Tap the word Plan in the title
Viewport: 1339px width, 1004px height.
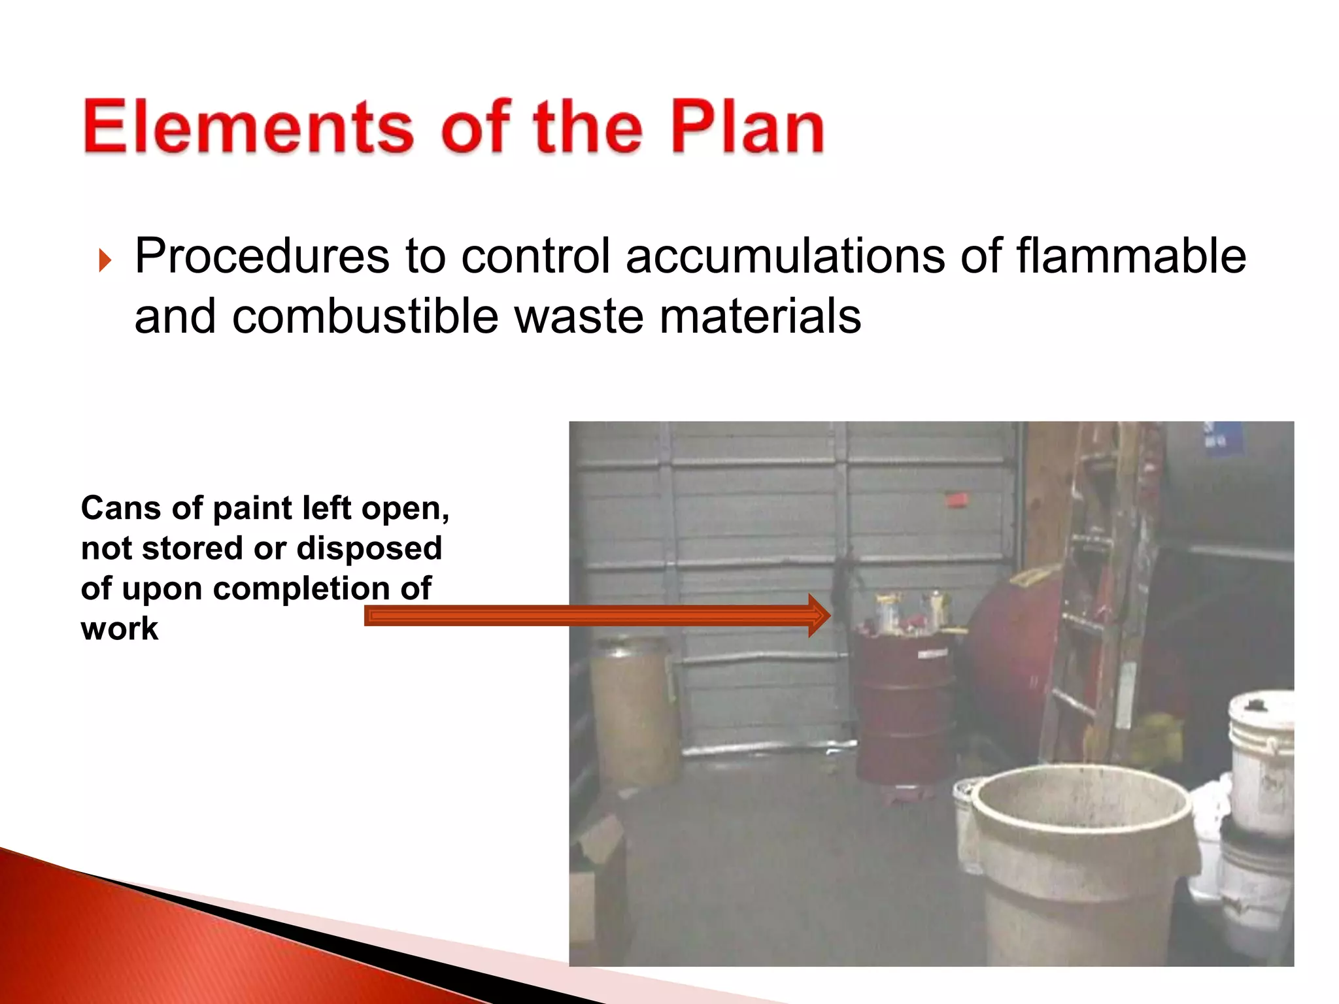tap(747, 127)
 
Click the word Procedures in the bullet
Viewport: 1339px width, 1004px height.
tap(262, 256)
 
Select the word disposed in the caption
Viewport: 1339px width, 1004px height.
tap(369, 548)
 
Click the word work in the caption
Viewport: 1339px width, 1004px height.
tap(120, 629)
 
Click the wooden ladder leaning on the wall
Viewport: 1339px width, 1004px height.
tap(1098, 588)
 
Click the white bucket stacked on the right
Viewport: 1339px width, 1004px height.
tap(1262, 758)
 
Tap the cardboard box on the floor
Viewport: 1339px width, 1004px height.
tap(598, 869)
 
